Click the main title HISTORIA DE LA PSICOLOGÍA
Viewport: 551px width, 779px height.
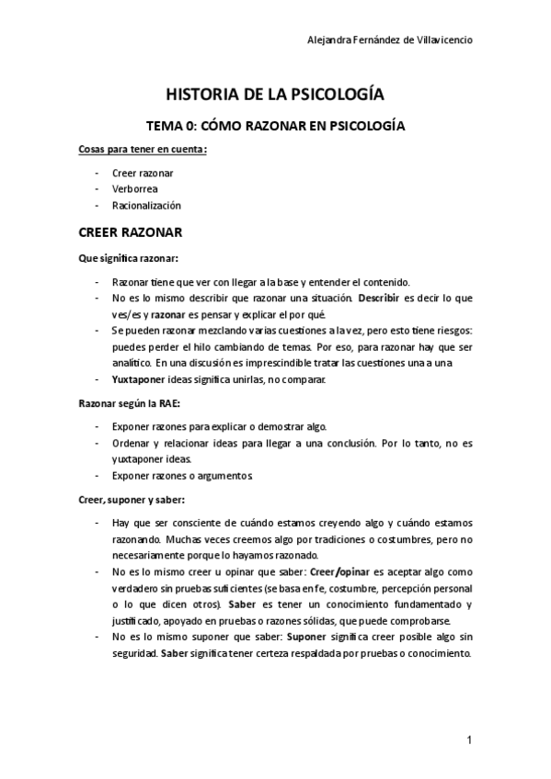click(x=274, y=95)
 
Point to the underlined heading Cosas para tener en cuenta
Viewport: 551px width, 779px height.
click(x=143, y=150)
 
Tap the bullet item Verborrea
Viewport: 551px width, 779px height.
click(x=134, y=189)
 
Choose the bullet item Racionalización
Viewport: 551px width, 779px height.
click(x=146, y=206)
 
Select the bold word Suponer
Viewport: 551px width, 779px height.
click(x=312, y=637)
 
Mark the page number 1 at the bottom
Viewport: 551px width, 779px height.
click(x=469, y=740)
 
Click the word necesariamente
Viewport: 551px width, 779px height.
click(x=149, y=556)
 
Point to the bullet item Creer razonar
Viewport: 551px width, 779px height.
click(x=143, y=173)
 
